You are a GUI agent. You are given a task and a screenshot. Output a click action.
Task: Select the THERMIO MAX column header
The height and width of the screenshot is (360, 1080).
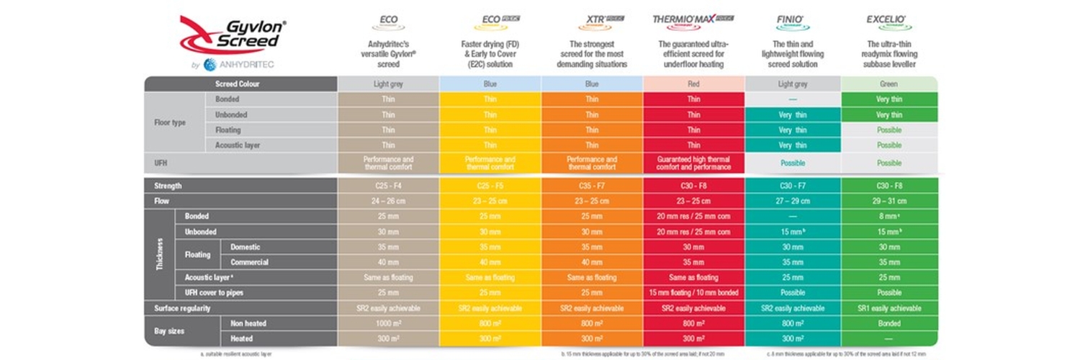(x=692, y=20)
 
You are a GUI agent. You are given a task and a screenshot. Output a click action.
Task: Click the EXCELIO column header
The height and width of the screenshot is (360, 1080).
(x=888, y=19)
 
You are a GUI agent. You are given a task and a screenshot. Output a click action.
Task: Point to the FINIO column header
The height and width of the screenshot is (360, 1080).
(x=792, y=19)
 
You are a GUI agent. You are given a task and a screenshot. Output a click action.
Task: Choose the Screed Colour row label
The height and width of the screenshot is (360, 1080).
(x=238, y=84)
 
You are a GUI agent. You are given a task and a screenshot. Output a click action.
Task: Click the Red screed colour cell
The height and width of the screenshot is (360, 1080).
(x=693, y=84)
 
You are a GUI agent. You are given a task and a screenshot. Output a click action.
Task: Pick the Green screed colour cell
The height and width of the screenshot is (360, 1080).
(x=888, y=84)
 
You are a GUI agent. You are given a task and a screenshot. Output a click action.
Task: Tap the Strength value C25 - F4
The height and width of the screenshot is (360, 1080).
(x=388, y=186)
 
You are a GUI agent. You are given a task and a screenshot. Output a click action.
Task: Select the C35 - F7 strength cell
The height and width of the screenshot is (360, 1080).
(x=591, y=186)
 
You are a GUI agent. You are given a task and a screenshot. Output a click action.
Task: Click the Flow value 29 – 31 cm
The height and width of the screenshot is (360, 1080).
(x=888, y=201)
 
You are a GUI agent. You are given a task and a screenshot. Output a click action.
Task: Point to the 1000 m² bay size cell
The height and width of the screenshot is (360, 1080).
(x=388, y=323)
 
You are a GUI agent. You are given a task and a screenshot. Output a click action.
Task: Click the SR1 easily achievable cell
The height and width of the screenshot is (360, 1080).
(x=888, y=308)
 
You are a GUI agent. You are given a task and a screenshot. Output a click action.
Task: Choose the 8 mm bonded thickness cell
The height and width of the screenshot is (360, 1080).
(x=888, y=216)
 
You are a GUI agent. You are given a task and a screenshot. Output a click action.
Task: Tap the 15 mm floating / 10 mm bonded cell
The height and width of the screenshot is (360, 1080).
(x=693, y=293)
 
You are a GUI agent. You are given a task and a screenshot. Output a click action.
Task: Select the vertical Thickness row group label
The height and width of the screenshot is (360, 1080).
(x=159, y=254)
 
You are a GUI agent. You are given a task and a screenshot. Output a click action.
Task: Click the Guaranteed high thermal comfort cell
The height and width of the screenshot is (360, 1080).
(x=693, y=163)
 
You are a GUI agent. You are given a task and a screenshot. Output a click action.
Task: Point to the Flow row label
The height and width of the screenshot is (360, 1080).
(x=162, y=201)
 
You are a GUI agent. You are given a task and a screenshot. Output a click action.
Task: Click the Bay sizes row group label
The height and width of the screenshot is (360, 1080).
(x=170, y=330)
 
